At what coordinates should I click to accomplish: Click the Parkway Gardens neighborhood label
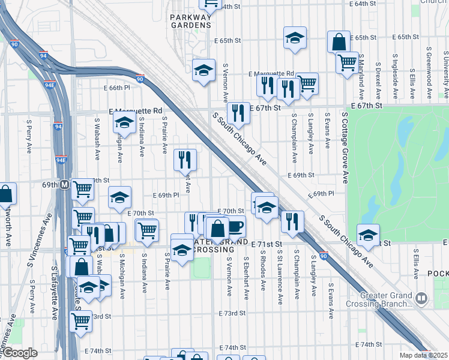pyautogui.click(x=190, y=21)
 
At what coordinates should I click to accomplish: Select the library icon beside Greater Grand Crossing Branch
pyautogui.click(x=422, y=298)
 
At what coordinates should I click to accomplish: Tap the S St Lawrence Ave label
pyautogui.click(x=280, y=280)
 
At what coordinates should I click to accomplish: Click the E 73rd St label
pyautogui.click(x=232, y=314)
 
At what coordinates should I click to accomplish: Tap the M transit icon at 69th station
pyautogui.click(x=64, y=185)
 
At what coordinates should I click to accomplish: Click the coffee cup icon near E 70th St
pyautogui.click(x=235, y=226)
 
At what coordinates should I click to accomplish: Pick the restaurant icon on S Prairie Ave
pyautogui.click(x=184, y=160)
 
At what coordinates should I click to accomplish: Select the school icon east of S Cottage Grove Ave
pyautogui.click(x=368, y=234)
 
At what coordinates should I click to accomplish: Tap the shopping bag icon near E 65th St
pyautogui.click(x=339, y=41)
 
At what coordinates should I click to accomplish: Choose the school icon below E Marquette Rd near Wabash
pyautogui.click(x=124, y=122)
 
